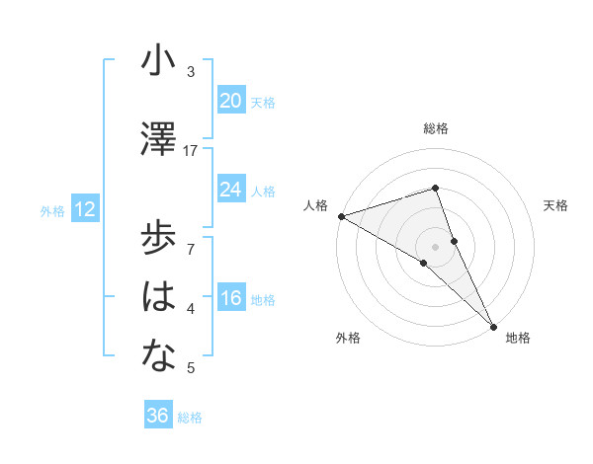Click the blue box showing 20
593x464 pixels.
[x=230, y=101]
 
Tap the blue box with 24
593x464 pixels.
[x=230, y=190]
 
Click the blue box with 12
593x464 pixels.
[x=84, y=209]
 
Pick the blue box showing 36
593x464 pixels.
[x=157, y=416]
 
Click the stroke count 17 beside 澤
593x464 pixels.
[x=191, y=151]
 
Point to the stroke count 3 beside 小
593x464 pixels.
[x=191, y=72]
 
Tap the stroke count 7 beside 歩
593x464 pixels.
[x=191, y=238]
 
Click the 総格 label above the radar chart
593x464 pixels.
[x=436, y=128]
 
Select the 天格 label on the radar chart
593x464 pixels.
[x=556, y=205]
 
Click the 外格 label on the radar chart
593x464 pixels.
[x=347, y=339]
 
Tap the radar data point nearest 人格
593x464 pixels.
[x=341, y=215]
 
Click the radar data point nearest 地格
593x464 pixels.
[x=493, y=323]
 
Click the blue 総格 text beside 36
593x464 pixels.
[x=190, y=418]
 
